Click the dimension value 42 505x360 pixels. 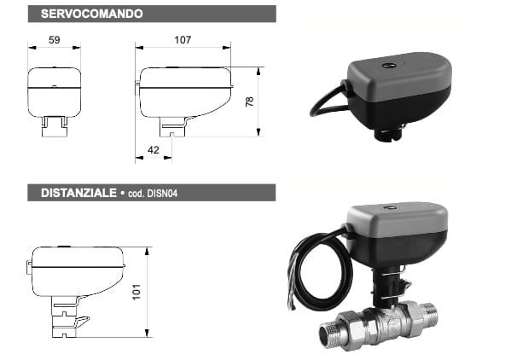154,148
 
